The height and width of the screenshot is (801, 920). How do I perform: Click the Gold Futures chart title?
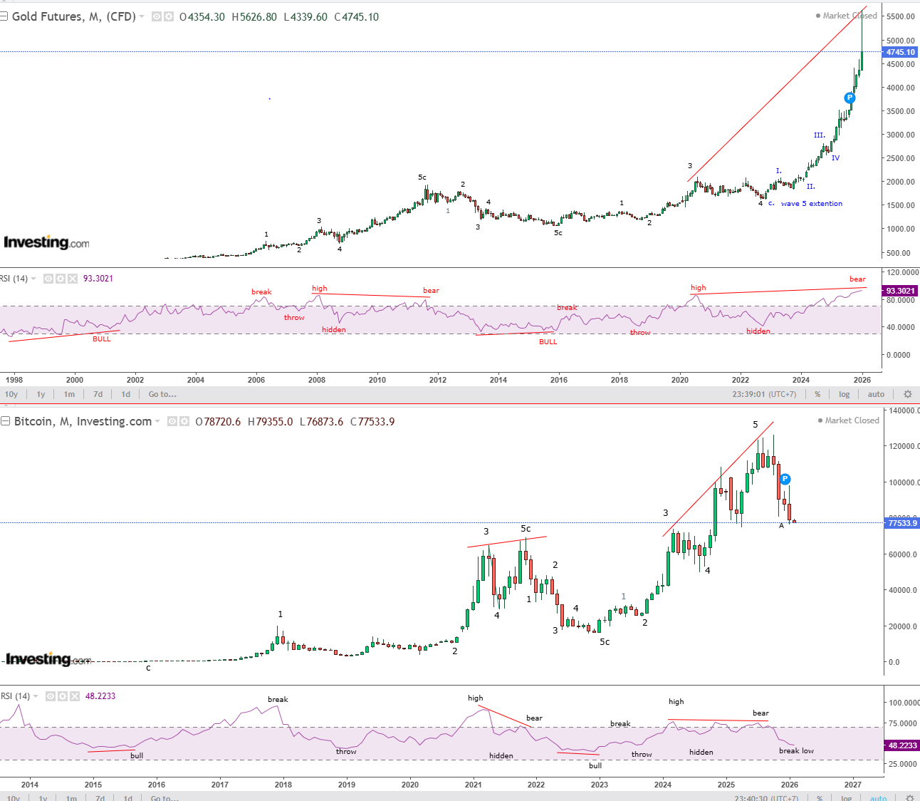point(73,16)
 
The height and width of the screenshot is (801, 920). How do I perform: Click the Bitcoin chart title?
point(83,421)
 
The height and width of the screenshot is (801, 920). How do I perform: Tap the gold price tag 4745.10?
point(900,52)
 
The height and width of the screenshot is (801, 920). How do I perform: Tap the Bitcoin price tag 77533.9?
point(901,523)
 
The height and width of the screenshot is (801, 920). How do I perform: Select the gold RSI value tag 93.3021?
point(900,291)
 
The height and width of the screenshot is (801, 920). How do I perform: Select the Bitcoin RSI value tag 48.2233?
point(901,745)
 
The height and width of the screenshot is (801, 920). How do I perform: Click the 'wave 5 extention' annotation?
point(811,204)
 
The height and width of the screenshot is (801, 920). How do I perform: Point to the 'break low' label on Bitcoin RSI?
point(796,750)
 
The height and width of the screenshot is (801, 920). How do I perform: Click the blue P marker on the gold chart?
point(850,98)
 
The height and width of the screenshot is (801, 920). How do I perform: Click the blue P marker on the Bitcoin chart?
point(785,479)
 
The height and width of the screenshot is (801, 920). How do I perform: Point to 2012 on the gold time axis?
point(438,380)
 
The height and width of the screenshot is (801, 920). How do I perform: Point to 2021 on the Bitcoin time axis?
point(473,785)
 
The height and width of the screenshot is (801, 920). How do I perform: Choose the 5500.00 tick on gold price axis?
point(901,16)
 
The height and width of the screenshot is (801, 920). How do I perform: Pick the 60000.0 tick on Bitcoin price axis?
point(901,554)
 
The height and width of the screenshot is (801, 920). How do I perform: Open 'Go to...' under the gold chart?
point(162,394)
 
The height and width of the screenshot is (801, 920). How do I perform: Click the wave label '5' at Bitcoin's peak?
point(756,425)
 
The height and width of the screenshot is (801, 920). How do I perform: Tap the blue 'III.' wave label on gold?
point(820,135)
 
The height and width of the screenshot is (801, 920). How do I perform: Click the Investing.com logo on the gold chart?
point(47,242)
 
